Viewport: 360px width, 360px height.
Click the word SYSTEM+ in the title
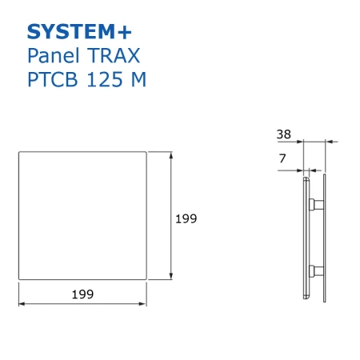[x=79, y=32]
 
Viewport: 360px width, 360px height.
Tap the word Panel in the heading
[x=54, y=55]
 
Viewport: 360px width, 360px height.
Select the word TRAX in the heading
[x=114, y=56]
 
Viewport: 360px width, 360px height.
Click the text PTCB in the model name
[x=53, y=79]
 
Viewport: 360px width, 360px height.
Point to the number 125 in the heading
[x=105, y=79]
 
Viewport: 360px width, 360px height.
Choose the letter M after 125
[x=139, y=79]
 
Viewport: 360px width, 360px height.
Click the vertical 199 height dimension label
[x=186, y=218]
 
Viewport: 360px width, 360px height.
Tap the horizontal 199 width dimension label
[x=82, y=294]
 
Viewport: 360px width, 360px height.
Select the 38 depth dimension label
[x=284, y=134]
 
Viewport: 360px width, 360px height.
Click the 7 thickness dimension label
[x=282, y=158]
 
